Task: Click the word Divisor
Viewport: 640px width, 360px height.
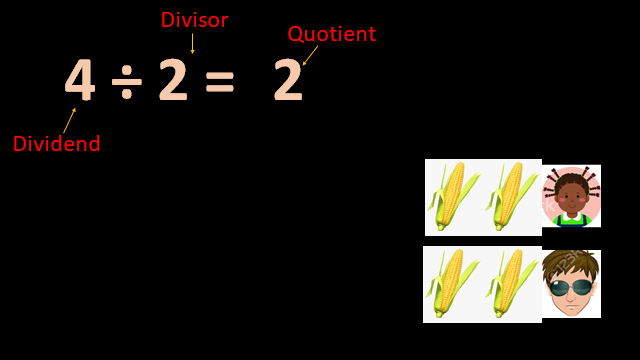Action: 194,20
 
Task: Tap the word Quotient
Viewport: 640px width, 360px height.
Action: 331,34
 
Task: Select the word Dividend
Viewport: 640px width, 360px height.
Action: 56,144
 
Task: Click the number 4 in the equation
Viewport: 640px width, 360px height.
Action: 80,81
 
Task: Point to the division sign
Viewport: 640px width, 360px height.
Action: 126,82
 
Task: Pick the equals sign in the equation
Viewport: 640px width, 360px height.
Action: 219,82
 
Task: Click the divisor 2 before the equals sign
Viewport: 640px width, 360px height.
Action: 172,81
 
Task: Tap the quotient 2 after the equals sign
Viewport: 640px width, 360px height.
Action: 287,82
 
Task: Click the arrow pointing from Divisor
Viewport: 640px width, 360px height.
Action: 192,42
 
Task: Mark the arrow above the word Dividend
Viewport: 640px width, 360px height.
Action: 69,120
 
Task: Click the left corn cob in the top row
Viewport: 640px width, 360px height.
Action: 451,196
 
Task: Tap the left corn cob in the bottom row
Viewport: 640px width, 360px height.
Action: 451,284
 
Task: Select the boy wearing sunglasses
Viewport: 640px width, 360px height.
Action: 571,284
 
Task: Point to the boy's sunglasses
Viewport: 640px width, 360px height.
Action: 571,287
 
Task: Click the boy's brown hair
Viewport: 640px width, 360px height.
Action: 571,262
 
